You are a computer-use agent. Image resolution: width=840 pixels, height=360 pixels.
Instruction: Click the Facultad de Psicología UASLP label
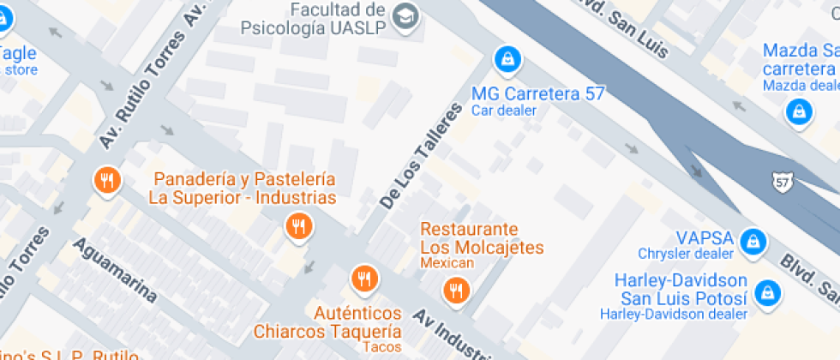335,18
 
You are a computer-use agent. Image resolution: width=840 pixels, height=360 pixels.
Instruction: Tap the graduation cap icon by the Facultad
405,15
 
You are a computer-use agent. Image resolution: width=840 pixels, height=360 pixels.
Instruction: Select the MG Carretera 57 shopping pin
508,58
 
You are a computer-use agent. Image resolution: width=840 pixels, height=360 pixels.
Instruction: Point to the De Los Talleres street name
420,156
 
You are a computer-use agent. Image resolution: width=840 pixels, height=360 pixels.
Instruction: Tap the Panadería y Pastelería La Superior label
243,189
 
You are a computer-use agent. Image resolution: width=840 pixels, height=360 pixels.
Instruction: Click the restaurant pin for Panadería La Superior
298,226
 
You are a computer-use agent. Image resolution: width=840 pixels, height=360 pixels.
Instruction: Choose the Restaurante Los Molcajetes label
482,239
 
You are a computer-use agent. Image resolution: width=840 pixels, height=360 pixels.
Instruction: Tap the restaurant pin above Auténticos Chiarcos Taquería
364,278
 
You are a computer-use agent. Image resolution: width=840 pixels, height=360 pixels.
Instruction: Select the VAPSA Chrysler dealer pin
753,241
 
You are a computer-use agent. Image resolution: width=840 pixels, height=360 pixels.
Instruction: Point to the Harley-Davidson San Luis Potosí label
681,290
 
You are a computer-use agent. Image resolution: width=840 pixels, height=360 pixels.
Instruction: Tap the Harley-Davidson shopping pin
769,291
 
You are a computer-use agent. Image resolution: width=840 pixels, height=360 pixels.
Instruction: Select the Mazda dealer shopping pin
799,111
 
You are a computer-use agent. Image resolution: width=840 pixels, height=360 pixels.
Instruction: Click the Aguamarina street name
115,270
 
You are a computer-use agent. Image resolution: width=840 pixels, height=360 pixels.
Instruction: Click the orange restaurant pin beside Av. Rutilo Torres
107,180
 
